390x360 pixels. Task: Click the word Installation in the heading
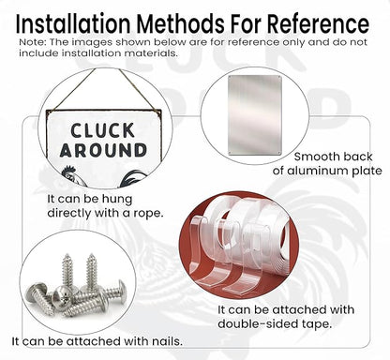pos(73,24)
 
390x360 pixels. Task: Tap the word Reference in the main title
pos(319,24)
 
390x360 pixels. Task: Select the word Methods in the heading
pos(181,24)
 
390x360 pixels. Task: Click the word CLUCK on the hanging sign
pos(102,130)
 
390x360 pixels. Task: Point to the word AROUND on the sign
pos(103,150)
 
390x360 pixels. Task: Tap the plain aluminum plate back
pos(255,114)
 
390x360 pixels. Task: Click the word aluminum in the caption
pos(318,171)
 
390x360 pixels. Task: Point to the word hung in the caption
pos(117,200)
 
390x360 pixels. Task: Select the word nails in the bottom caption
pos(167,341)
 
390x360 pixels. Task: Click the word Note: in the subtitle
pos(33,42)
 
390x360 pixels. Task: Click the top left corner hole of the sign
pos(50,112)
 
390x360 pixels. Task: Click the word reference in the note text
pos(253,42)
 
